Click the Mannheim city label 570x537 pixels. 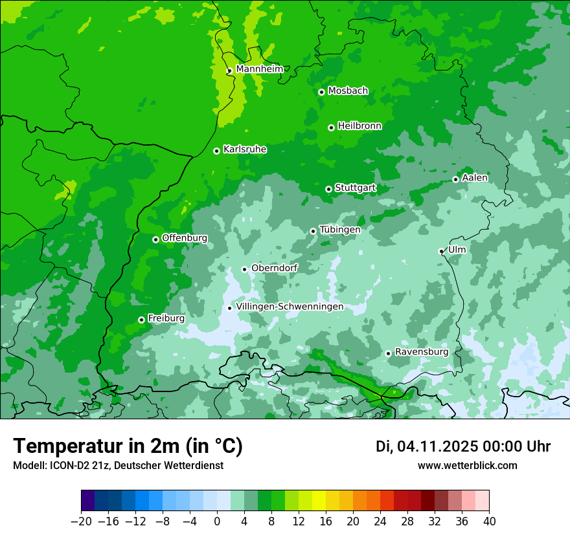point(259,69)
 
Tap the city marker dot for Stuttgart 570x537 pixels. point(328,189)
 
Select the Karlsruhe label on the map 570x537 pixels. point(244,149)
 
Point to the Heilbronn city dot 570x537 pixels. point(331,127)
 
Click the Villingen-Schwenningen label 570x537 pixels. point(290,307)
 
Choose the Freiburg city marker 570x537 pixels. point(141,320)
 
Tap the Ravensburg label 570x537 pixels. point(421,352)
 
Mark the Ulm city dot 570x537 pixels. point(441,251)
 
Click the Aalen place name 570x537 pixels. point(475,178)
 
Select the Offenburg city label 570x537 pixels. point(184,238)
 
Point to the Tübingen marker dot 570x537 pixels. point(313,231)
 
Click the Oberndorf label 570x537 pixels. point(274,268)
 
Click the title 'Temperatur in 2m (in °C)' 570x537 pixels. point(128,446)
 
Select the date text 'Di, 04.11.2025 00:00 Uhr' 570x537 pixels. point(463,446)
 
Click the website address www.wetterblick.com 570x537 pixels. point(467,465)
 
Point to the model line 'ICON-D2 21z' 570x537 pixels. point(118,465)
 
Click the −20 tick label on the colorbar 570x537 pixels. point(81,521)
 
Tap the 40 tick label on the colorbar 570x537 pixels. point(489,521)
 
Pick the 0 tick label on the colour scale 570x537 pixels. point(217,521)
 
